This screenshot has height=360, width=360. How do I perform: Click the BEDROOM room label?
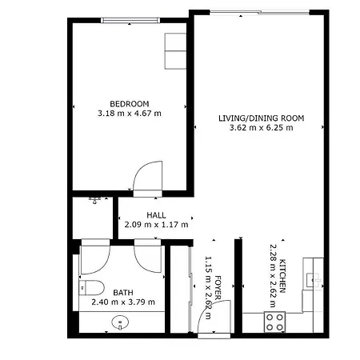point(129,103)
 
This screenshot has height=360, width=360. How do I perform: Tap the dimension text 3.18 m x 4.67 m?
point(129,114)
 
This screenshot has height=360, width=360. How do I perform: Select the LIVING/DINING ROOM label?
point(262,118)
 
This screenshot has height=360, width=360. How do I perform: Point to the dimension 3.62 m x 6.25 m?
point(262,128)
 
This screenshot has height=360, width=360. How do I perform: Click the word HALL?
point(156,215)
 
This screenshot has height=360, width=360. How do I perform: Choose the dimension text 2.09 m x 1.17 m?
point(156,225)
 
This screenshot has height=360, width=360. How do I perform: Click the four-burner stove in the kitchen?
point(275,321)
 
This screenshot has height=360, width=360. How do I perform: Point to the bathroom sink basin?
point(120,323)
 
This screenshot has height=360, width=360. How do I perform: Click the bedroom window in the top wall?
point(129,21)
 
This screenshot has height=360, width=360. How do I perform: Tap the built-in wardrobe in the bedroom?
point(174,50)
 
